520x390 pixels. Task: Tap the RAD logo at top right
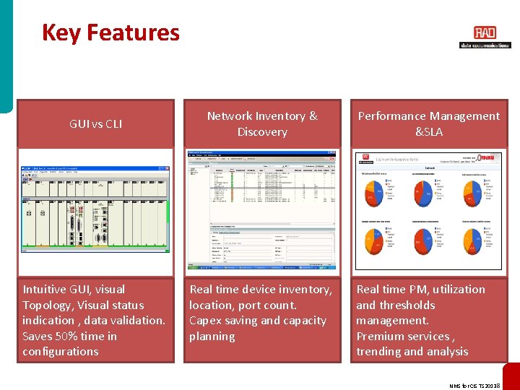click(485, 33)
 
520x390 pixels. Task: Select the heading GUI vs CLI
click(95, 124)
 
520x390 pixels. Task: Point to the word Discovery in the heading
click(262, 132)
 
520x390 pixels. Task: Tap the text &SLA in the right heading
click(429, 132)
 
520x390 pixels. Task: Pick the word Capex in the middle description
click(207, 321)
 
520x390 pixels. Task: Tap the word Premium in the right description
click(383, 336)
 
